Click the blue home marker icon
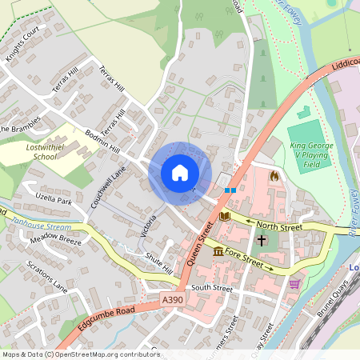(180, 173)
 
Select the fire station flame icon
(276, 175)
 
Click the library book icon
(224, 216)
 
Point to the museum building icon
(218, 253)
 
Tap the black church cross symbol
(261, 240)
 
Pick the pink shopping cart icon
(294, 282)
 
